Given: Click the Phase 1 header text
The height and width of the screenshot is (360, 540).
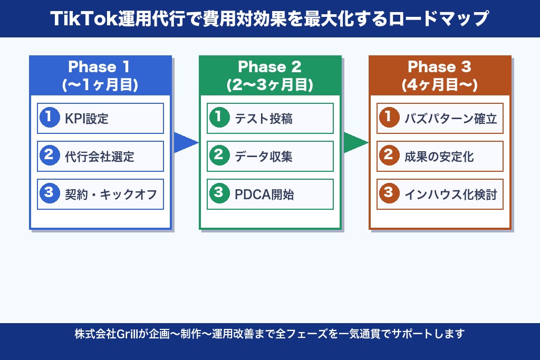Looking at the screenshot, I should pyautogui.click(x=100, y=67).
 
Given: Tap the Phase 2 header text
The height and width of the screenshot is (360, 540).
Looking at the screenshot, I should pyautogui.click(x=269, y=67).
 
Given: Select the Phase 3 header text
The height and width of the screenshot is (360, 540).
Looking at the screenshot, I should pyautogui.click(x=439, y=67).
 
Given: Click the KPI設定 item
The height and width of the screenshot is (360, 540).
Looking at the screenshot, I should pyautogui.click(x=100, y=118).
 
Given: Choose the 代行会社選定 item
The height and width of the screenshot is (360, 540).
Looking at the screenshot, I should pyautogui.click(x=100, y=156).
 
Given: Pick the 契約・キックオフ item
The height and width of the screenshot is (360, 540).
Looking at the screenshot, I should pyautogui.click(x=100, y=194).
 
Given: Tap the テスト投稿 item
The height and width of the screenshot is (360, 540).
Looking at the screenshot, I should pyautogui.click(x=270, y=118).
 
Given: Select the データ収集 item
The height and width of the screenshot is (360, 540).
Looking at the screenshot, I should pyautogui.click(x=270, y=156).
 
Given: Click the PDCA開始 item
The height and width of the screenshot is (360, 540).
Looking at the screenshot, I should pyautogui.click(x=270, y=194).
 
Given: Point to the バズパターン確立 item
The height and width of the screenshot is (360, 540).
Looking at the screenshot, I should pyautogui.click(x=440, y=118).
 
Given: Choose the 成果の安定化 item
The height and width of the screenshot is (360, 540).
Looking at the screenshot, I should pyautogui.click(x=440, y=156).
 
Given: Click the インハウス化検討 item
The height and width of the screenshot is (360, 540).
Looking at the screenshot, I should pyautogui.click(x=440, y=194).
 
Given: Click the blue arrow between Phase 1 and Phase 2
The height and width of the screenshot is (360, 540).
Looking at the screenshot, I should pyautogui.click(x=185, y=142).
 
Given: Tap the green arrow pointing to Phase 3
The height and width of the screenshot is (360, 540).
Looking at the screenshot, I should pyautogui.click(x=355, y=142).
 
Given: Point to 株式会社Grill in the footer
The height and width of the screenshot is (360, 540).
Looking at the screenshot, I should pyautogui.click(x=105, y=334).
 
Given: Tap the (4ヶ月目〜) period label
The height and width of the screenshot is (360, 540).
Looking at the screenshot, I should pyautogui.click(x=439, y=84).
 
